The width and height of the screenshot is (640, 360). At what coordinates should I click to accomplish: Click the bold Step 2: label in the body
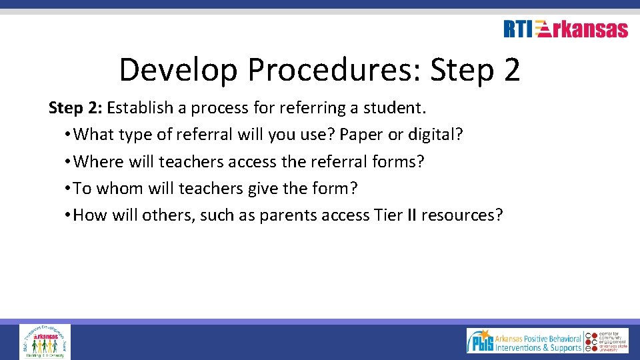click(x=75, y=108)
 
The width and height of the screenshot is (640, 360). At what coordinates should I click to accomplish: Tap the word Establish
click(x=137, y=108)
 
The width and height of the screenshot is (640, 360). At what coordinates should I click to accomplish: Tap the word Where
click(x=95, y=161)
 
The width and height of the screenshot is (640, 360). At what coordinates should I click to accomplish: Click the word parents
click(x=287, y=215)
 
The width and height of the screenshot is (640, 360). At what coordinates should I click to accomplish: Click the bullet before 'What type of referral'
click(x=69, y=135)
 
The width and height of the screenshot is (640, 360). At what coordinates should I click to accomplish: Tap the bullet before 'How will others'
click(x=69, y=215)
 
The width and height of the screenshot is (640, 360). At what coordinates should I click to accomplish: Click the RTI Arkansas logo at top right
click(x=565, y=29)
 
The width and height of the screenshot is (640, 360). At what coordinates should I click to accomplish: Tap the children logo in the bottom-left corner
click(x=45, y=342)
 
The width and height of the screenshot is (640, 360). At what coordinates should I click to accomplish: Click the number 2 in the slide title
click(x=511, y=70)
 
